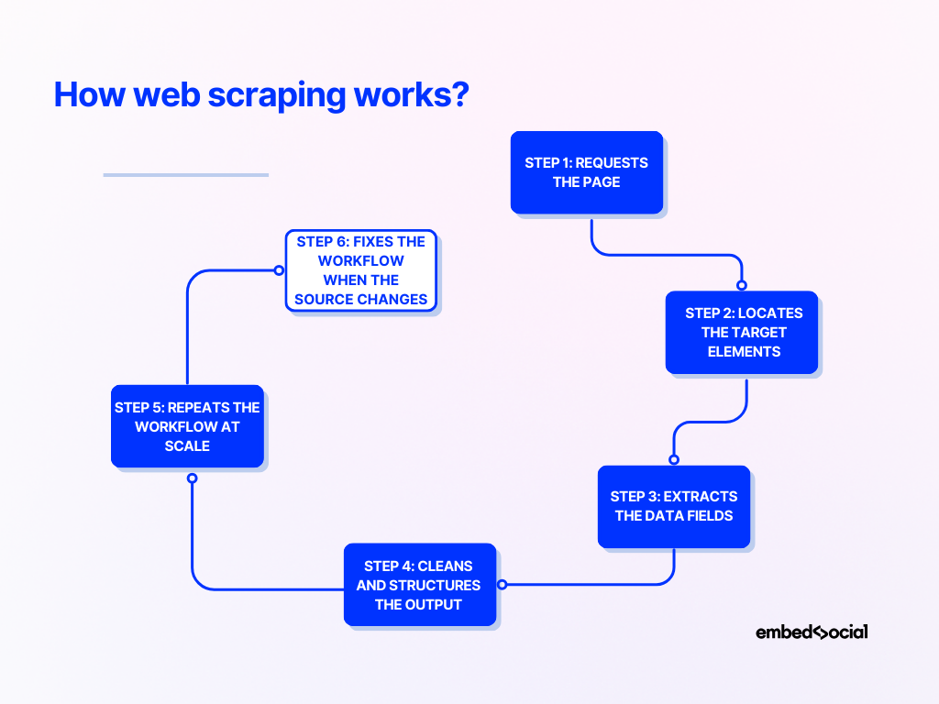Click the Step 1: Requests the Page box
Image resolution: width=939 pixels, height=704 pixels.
pos(587,172)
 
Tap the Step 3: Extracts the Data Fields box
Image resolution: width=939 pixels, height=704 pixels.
pos(674,506)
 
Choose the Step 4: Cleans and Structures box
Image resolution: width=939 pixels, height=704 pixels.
pos(420,585)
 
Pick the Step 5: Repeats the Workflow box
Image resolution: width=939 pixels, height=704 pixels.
pos(187,426)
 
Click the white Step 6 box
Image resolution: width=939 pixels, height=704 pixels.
pos(361,270)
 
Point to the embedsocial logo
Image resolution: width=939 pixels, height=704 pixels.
pos(812,632)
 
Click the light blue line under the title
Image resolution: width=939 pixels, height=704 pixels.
pos(185,174)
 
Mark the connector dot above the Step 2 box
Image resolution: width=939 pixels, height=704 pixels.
pos(742,285)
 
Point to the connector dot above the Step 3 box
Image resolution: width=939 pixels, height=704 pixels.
pos(674,459)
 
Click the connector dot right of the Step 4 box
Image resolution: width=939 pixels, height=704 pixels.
pos(502,584)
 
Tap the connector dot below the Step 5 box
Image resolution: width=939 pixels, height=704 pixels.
pos(192,478)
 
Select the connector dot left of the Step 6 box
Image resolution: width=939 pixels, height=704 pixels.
pos(279,270)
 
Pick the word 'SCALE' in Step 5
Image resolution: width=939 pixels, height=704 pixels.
pos(187,445)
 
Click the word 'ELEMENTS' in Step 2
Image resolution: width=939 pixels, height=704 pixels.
pos(743,351)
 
